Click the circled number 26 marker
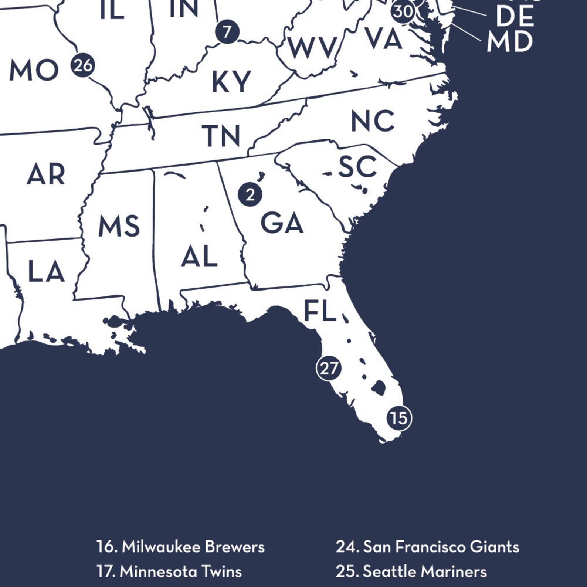(x=83, y=65)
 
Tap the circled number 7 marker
(x=227, y=32)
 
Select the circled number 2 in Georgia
(x=250, y=194)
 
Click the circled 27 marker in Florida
(x=329, y=368)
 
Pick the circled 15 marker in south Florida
(x=399, y=418)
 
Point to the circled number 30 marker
(x=403, y=11)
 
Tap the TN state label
(x=221, y=135)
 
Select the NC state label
(x=372, y=121)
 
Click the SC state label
(x=357, y=166)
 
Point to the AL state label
(x=199, y=256)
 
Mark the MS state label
(x=119, y=226)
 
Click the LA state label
(x=47, y=272)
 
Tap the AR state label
(x=46, y=174)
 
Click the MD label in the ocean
(x=509, y=42)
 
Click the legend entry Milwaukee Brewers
(x=180, y=547)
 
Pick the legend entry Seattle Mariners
(x=411, y=571)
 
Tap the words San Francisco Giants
(x=427, y=547)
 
